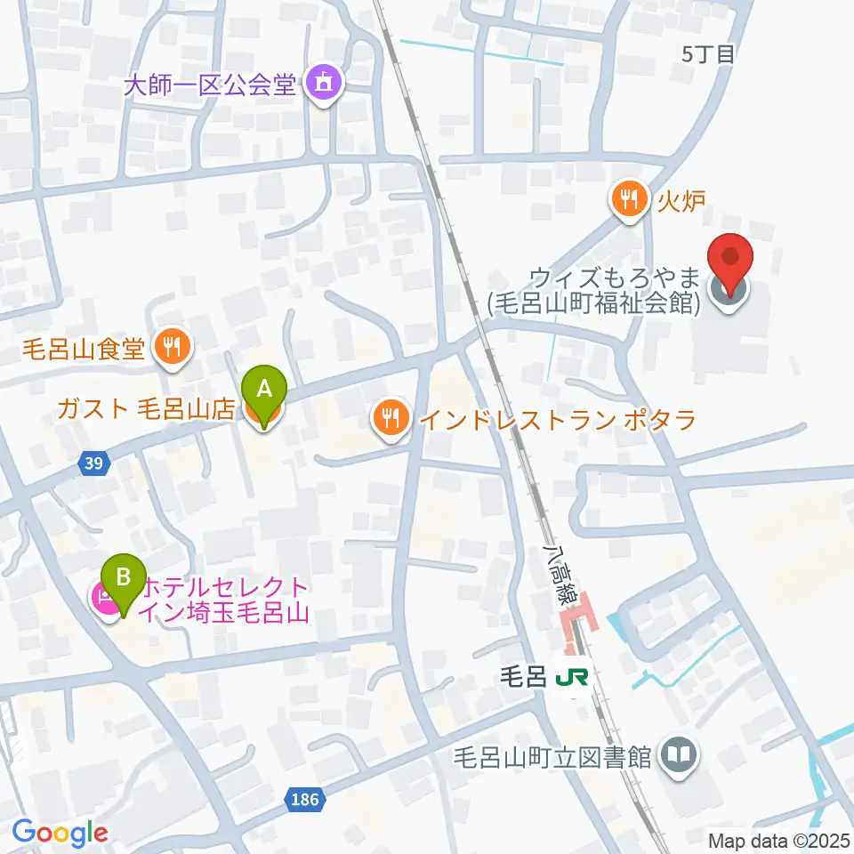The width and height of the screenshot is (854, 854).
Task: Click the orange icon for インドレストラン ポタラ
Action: (391, 418)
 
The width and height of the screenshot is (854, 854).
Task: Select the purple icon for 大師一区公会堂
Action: (319, 85)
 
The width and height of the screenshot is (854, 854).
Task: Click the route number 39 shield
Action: (94, 463)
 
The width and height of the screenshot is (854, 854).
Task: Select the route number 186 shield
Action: (303, 801)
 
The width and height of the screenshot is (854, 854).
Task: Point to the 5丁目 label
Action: (709, 54)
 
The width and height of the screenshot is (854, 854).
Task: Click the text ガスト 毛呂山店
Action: (145, 409)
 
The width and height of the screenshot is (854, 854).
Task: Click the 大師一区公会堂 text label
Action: (209, 85)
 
